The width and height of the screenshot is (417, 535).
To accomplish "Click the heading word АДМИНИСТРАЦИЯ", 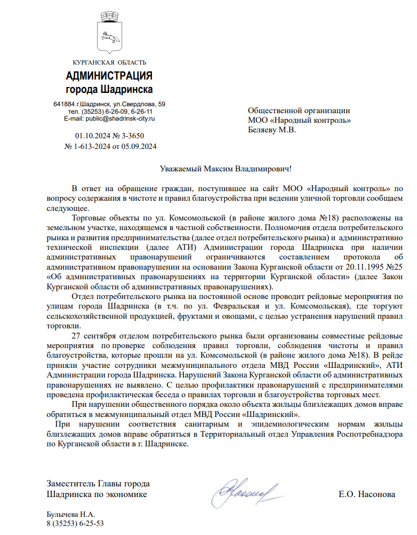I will pyautogui.click(x=109, y=75).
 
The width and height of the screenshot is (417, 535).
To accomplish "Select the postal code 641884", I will pyautogui.click(x=64, y=104).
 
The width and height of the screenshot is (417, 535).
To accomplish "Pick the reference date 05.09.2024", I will pyautogui.click(x=139, y=146).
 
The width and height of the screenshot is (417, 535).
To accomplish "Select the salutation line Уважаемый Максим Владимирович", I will pyautogui.click(x=226, y=169).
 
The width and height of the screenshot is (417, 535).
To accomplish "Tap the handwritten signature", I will pyautogui.click(x=245, y=488).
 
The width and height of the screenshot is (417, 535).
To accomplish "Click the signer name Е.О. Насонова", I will pyautogui.click(x=367, y=494).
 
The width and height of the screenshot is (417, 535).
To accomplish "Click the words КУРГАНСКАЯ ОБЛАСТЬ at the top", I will pyautogui.click(x=109, y=63).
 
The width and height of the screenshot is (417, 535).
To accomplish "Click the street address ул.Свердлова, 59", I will pyautogui.click(x=140, y=104).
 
